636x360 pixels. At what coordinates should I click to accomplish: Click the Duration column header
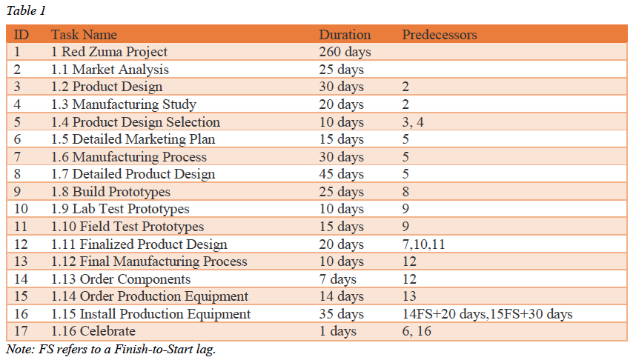pos(345,35)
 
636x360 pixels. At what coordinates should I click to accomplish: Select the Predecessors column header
pos(439,35)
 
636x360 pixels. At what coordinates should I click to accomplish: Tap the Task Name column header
pos(84,35)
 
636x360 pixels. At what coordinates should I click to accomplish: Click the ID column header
pos(21,35)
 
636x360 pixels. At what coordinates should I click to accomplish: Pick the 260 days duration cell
pos(345,52)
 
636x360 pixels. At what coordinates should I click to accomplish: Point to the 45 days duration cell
pos(342,175)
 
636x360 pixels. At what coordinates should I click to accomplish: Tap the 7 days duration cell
pos(338,279)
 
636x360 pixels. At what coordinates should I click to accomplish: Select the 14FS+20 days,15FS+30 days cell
pos(487,314)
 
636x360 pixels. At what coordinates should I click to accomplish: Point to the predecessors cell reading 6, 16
pos(419,332)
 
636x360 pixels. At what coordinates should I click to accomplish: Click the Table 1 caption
pos(26,11)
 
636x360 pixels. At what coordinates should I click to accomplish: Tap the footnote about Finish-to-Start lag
pos(110,350)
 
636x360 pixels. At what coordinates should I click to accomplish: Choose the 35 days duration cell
pos(342,314)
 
